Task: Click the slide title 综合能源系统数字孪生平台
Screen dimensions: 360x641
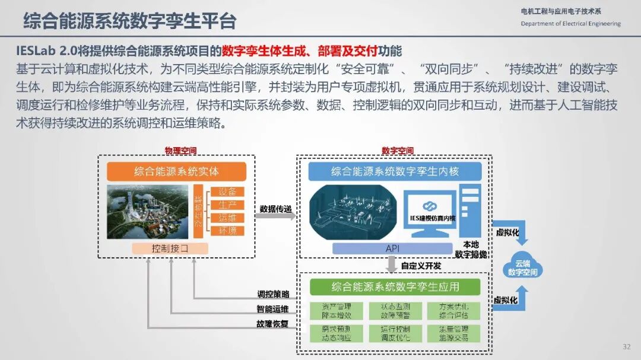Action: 129,21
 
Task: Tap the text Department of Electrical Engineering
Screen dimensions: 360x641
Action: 570,24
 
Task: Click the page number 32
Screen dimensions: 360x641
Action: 626,347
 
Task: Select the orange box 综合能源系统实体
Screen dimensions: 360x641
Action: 176,172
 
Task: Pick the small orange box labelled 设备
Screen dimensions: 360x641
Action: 227,192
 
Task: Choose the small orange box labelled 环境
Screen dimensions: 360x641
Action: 227,231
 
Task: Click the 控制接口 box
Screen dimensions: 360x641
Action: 170,249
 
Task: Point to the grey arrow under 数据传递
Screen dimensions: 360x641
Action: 275,216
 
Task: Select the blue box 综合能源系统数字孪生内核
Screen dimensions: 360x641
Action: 394,172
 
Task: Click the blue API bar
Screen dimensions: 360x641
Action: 392,249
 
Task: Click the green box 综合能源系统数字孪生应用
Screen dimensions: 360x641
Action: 395,288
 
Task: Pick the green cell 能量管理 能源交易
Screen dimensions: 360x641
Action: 453,333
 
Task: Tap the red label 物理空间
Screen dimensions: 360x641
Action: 180,151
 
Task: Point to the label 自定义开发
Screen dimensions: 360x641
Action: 421,266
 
